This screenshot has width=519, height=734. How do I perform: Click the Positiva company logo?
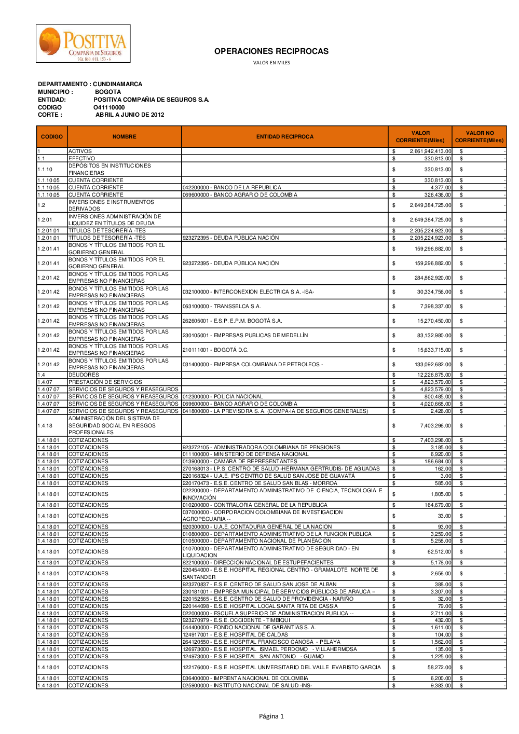tap(83, 44)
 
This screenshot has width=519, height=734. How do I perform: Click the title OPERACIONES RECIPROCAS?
tap(271, 51)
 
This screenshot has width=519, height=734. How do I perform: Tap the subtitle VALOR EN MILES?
tap(271, 63)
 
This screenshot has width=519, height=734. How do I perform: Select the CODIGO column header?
tap(52, 137)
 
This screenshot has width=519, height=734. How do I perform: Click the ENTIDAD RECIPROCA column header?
tap(284, 137)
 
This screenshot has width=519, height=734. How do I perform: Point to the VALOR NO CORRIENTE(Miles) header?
tap(479, 137)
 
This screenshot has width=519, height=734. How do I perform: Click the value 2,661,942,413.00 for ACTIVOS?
tap(430, 151)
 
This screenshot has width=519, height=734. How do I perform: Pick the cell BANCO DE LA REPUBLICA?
tap(232, 188)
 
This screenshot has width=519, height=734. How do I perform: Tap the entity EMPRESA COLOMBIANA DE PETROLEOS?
tap(253, 365)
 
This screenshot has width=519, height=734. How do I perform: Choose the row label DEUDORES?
tap(84, 375)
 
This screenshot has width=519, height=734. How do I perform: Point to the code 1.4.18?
tap(45, 426)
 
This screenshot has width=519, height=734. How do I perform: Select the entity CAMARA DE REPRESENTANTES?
tap(240, 461)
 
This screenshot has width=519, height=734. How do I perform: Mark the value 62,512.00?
tap(439, 552)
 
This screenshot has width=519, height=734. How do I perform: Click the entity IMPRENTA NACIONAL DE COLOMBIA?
tap(245, 678)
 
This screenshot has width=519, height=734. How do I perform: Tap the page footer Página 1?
tap(271, 716)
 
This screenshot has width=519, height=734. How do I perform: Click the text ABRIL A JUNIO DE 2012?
tap(130, 115)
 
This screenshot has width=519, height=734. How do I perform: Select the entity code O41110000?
tap(109, 107)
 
